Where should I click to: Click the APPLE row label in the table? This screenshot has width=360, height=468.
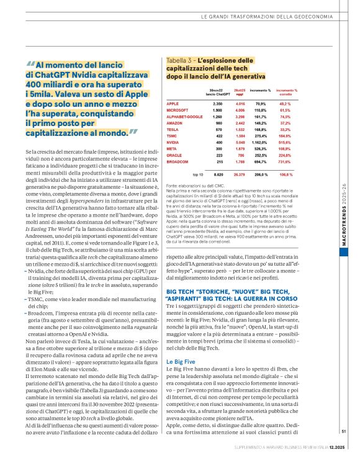[x=173, y=103]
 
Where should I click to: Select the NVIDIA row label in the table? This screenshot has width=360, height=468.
[x=174, y=141]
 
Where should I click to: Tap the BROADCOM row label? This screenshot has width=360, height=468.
[x=178, y=161]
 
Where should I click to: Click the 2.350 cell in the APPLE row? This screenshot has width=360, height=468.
[x=217, y=103]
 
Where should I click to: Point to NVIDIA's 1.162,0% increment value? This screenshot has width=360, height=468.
[x=260, y=141]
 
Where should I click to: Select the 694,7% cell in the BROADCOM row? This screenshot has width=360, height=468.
[x=261, y=161]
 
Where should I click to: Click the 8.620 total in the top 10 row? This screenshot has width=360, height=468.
[x=217, y=175]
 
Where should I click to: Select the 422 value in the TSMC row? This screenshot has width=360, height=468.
[x=218, y=135]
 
